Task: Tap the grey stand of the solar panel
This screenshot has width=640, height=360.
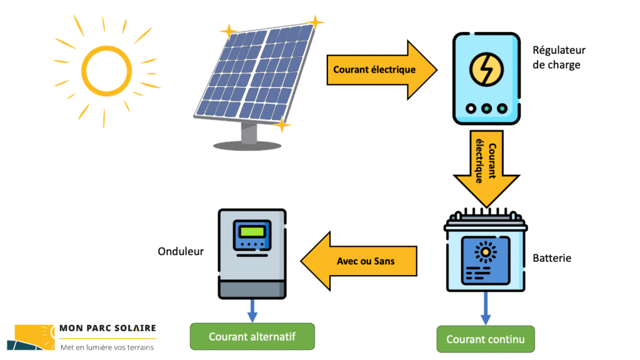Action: (x=249, y=133)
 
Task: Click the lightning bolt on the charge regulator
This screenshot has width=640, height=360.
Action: (x=486, y=69)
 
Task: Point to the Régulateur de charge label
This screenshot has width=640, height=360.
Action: (x=559, y=57)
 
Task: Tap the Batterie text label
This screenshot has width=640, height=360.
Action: (x=552, y=258)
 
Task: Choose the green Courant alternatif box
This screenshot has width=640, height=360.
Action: (x=252, y=337)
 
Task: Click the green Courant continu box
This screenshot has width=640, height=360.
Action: (x=486, y=339)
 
